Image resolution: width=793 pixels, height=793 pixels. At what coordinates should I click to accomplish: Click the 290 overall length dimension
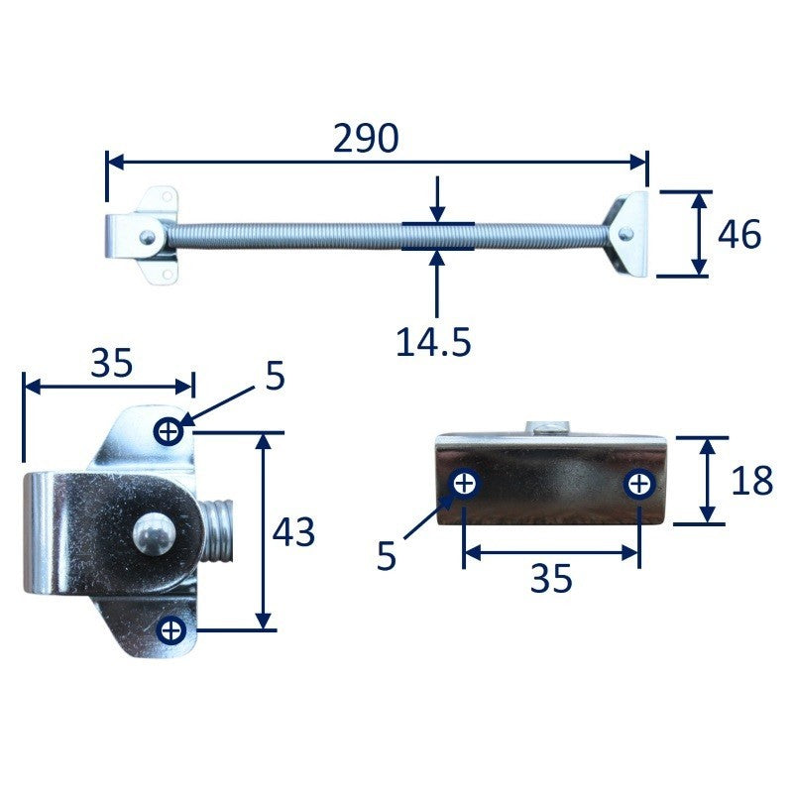pos(366,138)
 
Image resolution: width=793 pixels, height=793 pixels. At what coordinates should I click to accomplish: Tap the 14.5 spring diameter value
pos(433,342)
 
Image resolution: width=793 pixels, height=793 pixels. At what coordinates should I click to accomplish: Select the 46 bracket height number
pos(739,234)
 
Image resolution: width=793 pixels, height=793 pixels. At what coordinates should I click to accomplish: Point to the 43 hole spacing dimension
pos(293,532)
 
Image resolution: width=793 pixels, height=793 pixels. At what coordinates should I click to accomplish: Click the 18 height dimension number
pos(752,480)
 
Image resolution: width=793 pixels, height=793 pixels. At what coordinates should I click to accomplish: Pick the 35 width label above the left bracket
pos(111,363)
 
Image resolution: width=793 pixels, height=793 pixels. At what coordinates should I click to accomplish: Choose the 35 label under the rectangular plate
pos(551,579)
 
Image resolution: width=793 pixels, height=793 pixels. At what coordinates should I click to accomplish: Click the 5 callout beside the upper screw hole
pos(276,376)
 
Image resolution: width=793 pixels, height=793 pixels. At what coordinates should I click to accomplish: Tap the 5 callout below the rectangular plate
pos(387,556)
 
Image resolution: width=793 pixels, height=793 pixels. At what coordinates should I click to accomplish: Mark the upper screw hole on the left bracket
pos(169,432)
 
